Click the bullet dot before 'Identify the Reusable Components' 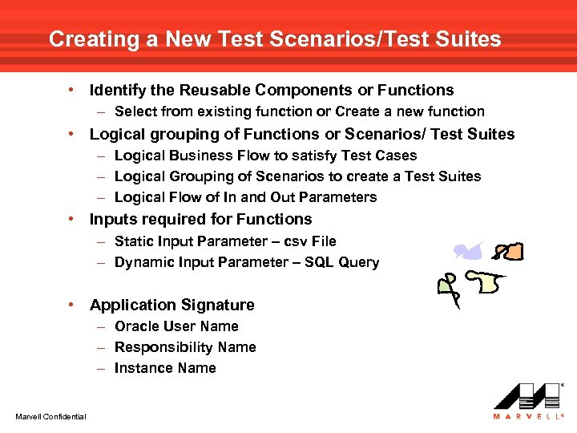(73, 91)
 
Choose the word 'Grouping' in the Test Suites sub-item (199, 176)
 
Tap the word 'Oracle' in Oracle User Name (137, 326)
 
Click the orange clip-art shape (511, 253)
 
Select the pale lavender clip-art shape (468, 252)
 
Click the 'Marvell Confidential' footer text (50, 415)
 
